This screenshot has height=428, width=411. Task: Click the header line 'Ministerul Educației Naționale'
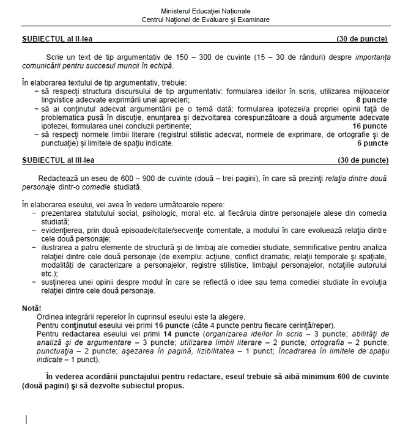pos(205,12)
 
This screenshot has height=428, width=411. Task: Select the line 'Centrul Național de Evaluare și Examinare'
pos(205,20)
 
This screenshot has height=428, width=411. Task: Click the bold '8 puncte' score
pos(371,98)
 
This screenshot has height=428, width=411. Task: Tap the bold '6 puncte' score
pos(371,144)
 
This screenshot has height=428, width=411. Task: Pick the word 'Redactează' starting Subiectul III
pos(54,177)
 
